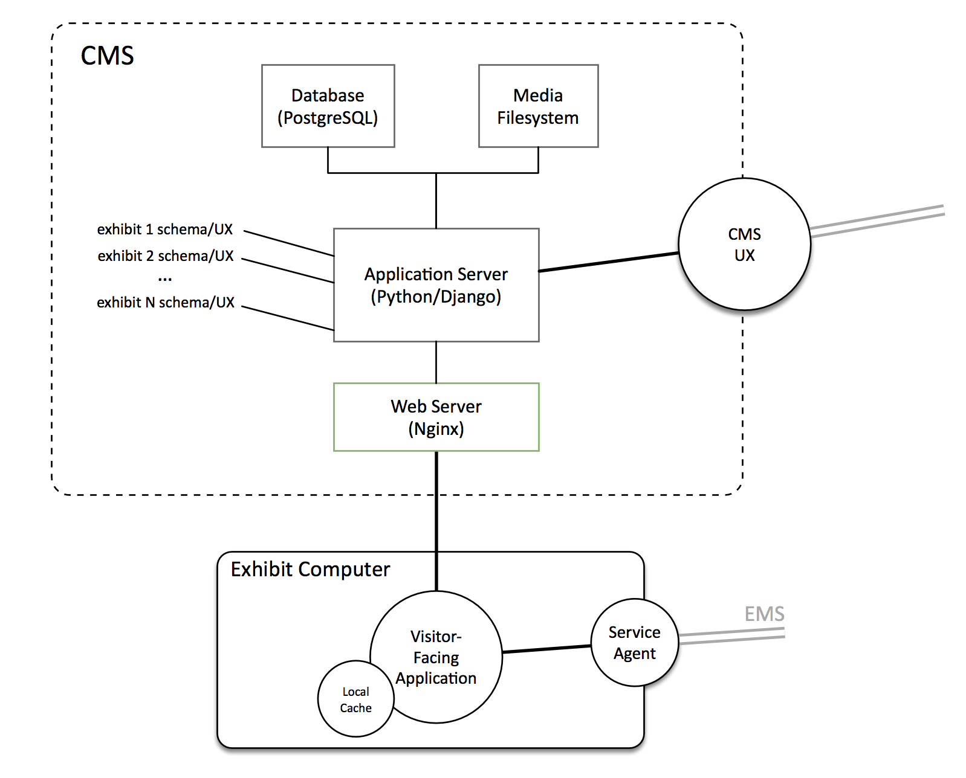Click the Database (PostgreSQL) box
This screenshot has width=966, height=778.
tap(328, 106)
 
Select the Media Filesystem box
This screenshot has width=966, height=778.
tap(538, 106)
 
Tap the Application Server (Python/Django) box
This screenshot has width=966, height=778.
tap(436, 285)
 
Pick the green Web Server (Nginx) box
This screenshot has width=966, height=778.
tap(436, 417)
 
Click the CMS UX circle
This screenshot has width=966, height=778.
tap(744, 244)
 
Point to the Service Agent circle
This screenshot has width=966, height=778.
tap(635, 643)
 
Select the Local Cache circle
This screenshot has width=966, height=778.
tap(355, 699)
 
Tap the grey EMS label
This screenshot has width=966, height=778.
tap(764, 614)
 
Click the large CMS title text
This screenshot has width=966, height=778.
tap(107, 56)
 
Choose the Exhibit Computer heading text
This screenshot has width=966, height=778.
tap(310, 569)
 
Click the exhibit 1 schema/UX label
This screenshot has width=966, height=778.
tap(165, 230)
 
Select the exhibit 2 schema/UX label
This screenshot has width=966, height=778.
tap(166, 256)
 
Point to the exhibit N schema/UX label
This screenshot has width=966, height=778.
tap(166, 302)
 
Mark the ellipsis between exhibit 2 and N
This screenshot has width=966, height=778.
tap(165, 279)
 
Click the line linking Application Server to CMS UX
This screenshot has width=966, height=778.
tap(608, 262)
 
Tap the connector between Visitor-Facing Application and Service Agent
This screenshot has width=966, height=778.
tap(546, 649)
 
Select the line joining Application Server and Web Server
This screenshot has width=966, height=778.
tap(436, 362)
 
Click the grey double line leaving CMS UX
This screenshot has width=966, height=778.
tap(877, 220)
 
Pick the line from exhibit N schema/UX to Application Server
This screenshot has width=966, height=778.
tap(288, 318)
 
